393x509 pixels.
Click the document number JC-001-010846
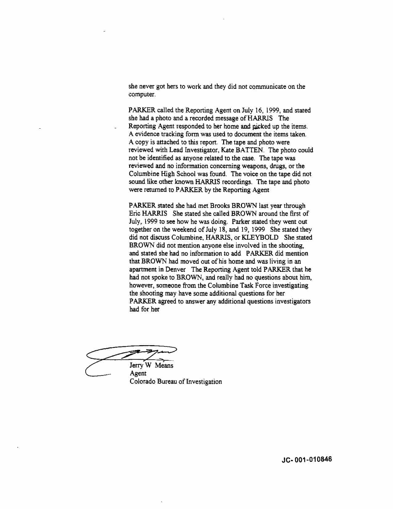pyautogui.click(x=307, y=459)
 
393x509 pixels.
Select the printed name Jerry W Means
pyautogui.click(x=151, y=366)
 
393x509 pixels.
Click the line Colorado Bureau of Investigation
pyautogui.click(x=176, y=382)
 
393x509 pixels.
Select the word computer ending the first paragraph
pyautogui.click(x=141, y=94)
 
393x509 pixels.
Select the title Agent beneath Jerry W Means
pyautogui.click(x=138, y=374)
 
